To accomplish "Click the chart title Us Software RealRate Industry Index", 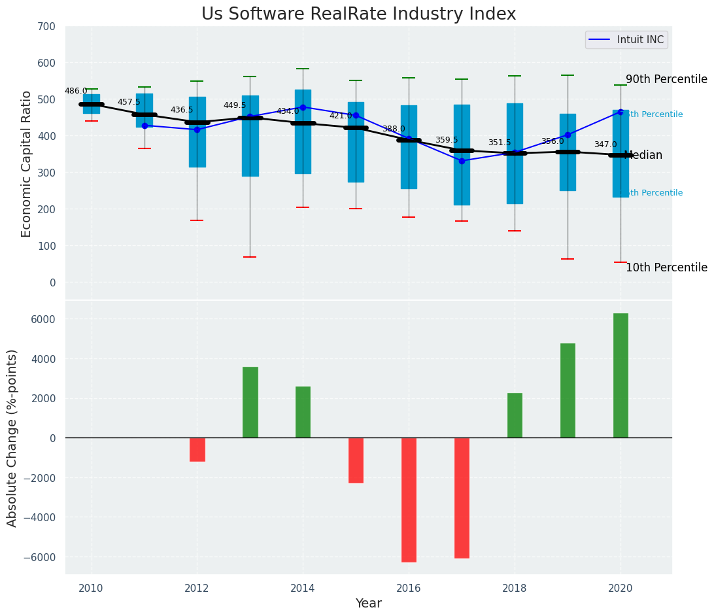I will (358, 14).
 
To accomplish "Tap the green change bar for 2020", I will (620, 375).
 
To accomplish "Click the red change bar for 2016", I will (409, 500).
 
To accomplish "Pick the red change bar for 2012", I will (197, 450).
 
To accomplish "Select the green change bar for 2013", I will (250, 402).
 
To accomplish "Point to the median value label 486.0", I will (76, 91).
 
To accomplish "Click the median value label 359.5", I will (447, 140).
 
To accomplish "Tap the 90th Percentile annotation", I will (666, 80).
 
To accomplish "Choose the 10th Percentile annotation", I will (666, 268).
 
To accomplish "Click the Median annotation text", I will (643, 156).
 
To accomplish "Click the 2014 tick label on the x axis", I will (303, 587).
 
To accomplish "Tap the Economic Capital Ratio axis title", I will (27, 163).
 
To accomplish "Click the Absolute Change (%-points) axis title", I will (12, 437).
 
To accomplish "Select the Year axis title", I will (368, 604).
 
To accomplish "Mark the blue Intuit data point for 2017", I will (462, 161).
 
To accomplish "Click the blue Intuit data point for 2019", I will (568, 135).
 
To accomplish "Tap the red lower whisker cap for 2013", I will (250, 257).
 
